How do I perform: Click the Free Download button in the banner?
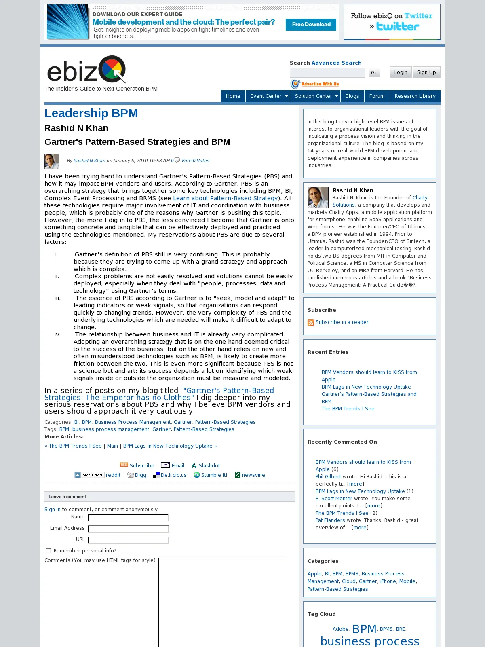tap(311, 25)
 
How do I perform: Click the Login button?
tap(401, 72)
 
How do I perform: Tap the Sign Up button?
tap(426, 72)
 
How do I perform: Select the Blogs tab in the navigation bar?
tap(352, 96)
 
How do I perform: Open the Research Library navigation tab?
tap(415, 96)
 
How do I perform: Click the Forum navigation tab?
tap(377, 96)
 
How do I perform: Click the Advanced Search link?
tap(336, 63)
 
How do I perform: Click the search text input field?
tap(327, 73)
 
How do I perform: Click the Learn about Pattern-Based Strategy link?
tap(225, 198)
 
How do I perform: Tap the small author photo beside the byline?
tap(52, 161)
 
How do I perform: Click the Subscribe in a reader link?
tap(342, 322)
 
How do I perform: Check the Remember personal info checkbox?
tap(48, 551)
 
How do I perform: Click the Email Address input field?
tap(128, 529)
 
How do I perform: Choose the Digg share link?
tap(140, 475)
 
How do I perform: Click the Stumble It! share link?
tap(214, 475)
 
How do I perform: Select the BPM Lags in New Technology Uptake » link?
tap(170, 446)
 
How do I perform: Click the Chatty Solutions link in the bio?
tap(420, 198)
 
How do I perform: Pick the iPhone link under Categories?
tap(388, 581)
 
